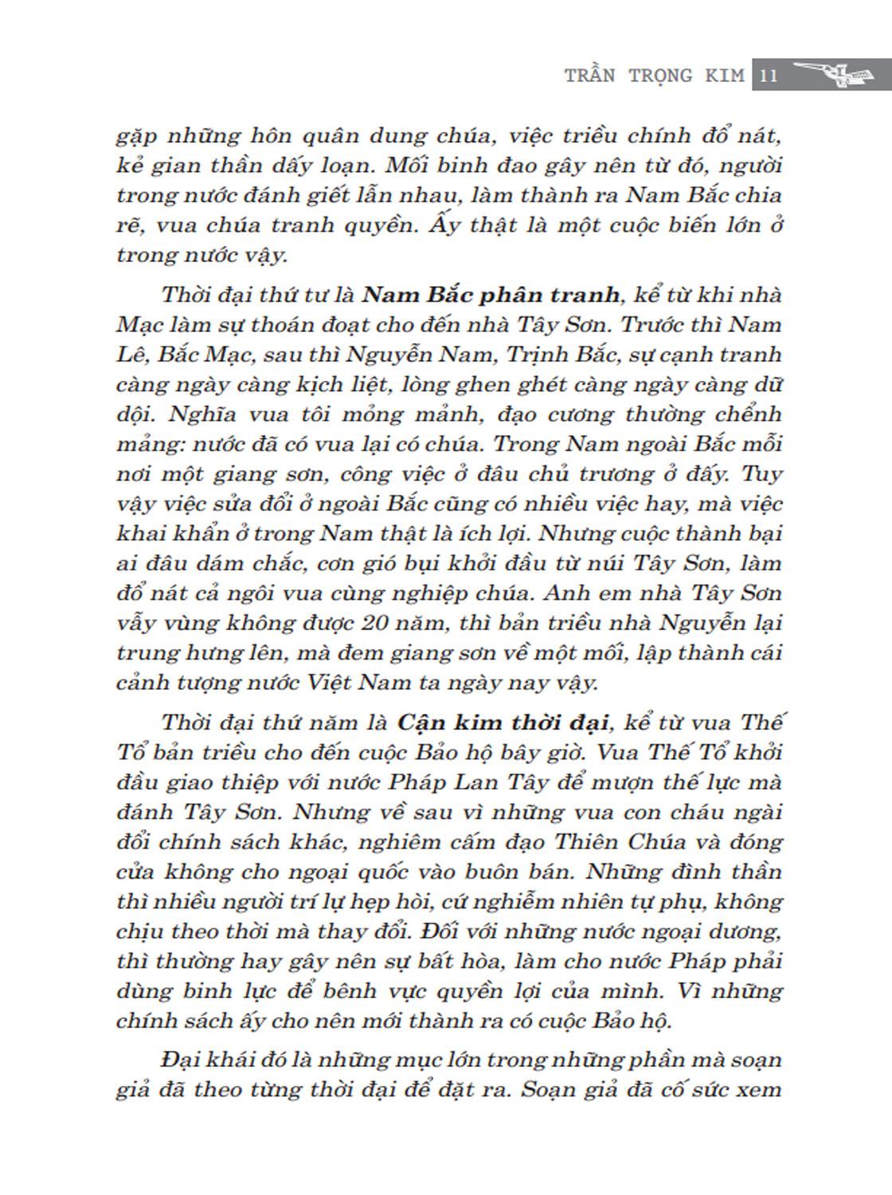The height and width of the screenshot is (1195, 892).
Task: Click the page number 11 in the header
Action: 769,76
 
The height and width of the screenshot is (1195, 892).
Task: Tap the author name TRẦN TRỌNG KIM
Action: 655,76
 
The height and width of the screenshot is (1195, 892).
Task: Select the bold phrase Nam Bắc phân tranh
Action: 491,295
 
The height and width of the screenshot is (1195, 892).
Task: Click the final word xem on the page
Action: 755,1091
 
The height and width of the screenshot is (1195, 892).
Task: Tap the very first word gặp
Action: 140,136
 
